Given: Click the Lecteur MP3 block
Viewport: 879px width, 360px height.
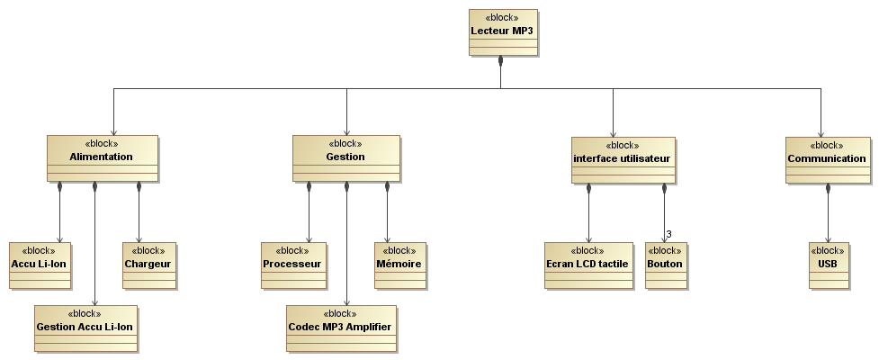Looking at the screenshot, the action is (503, 32).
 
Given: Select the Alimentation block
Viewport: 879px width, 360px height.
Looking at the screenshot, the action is (103, 158).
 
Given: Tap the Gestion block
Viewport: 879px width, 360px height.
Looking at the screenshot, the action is (346, 158).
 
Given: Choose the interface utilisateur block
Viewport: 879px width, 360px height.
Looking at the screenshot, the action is (623, 160).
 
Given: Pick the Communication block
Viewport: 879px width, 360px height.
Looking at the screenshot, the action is (828, 160).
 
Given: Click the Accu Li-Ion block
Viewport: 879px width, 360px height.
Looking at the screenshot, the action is (40, 265).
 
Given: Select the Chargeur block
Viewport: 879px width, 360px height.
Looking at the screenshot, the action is (149, 265).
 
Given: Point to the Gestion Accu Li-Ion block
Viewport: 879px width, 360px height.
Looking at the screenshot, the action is (85, 328).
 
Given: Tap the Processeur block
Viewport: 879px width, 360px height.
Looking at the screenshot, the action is (293, 265).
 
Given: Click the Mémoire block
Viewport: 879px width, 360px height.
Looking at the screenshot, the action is (400, 265).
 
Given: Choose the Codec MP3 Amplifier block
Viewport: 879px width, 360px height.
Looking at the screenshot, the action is (341, 328).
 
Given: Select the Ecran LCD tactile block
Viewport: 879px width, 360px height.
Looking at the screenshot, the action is (588, 265).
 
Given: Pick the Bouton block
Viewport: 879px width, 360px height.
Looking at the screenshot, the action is (666, 265).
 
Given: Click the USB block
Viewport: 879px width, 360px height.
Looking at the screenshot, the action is (829, 265).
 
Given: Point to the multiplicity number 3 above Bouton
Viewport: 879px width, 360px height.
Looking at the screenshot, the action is (668, 234).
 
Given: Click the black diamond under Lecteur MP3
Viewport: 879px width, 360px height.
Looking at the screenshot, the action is (500, 60).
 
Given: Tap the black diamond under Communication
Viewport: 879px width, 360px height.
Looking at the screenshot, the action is (828, 189).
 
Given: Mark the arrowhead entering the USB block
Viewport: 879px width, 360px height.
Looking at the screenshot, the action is (828, 239).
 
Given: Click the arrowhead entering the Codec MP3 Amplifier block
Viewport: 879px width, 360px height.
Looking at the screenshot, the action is (346, 302).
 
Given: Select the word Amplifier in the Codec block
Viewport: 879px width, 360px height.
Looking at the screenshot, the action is (368, 327).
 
